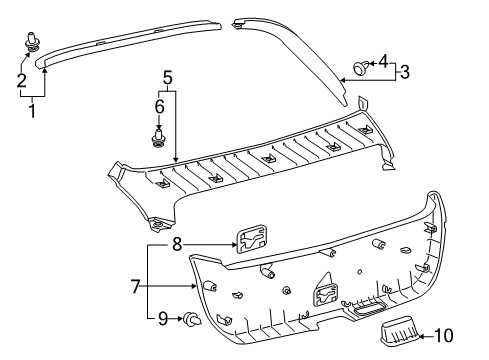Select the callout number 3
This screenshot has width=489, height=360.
403,71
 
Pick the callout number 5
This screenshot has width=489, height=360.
168,75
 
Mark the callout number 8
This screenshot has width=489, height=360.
176,243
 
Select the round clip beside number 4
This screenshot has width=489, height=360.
359,68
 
